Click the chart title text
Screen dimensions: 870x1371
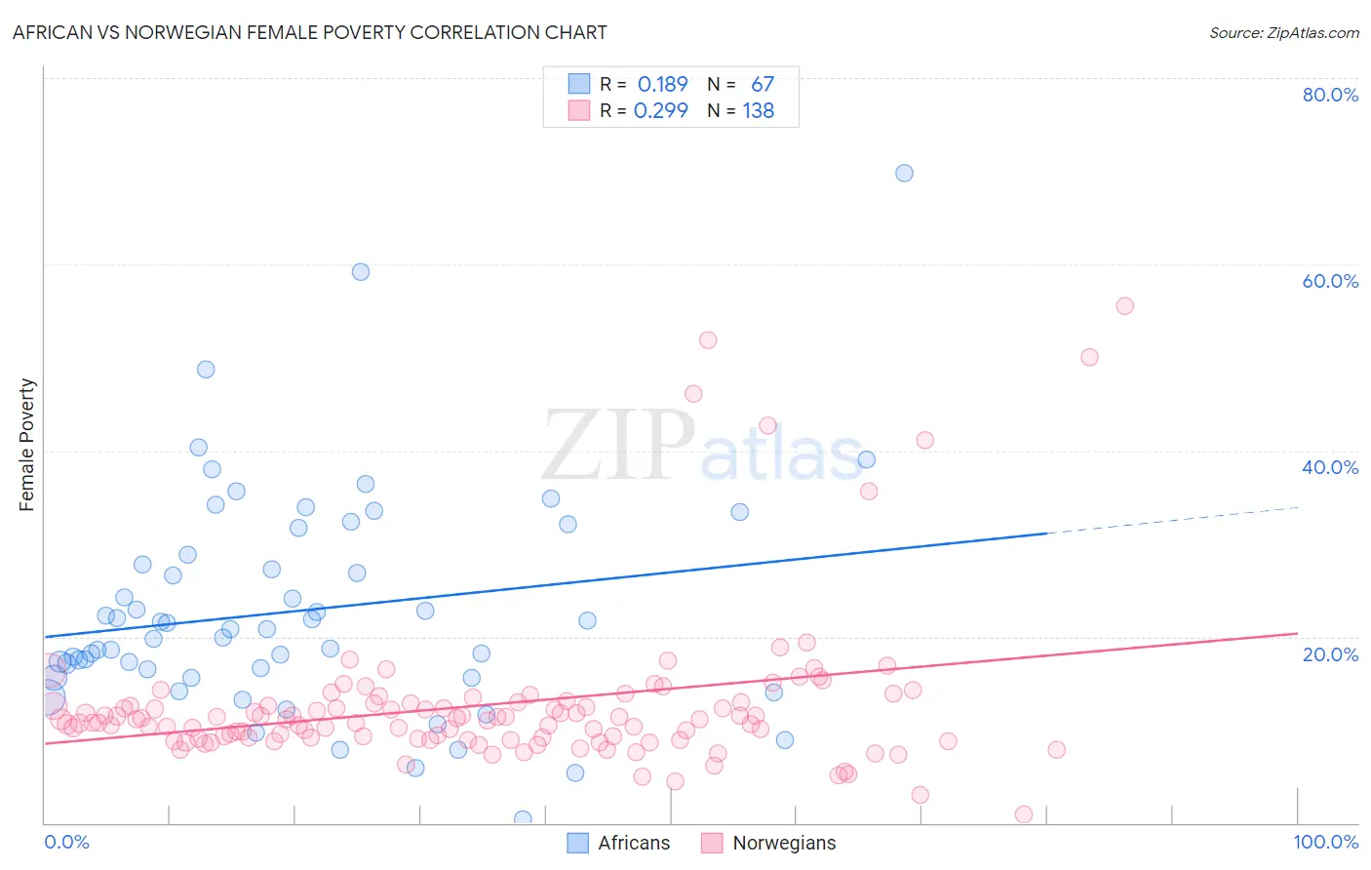(309, 32)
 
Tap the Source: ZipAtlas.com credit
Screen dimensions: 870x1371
(1283, 32)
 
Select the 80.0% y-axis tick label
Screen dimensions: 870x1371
(1330, 95)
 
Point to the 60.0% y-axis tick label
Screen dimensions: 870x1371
(1330, 281)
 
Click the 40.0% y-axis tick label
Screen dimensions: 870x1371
(1330, 467)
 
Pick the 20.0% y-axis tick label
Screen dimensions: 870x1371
(1330, 653)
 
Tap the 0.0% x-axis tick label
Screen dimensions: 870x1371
(66, 842)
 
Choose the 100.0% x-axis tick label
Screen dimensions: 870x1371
(1325, 842)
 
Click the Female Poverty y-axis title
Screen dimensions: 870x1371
(27, 445)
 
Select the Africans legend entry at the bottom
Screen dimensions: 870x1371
(619, 843)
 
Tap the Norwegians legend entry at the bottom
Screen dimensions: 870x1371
(768, 843)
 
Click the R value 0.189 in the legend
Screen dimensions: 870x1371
(662, 85)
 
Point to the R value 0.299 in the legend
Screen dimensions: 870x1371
(661, 111)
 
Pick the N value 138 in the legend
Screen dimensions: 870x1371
(758, 111)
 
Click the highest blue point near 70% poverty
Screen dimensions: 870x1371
(904, 173)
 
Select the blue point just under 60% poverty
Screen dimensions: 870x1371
(361, 272)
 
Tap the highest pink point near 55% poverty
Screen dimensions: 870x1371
(1124, 306)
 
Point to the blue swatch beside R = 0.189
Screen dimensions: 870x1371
(579, 84)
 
